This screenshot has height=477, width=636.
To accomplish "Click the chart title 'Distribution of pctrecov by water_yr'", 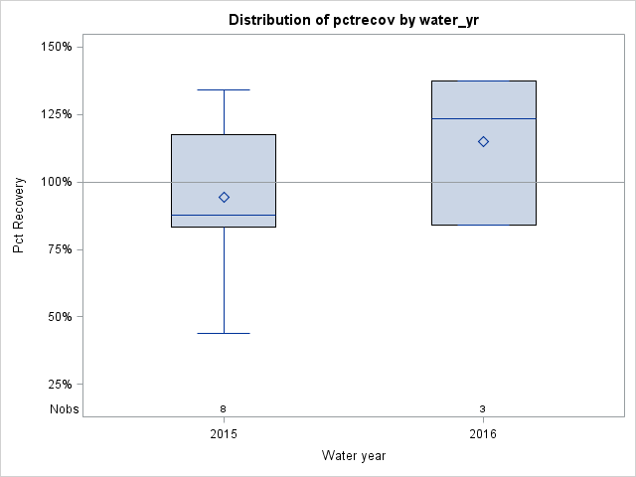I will pyautogui.click(x=353, y=20).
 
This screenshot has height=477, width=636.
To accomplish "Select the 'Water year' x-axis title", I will pyautogui.click(x=353, y=455).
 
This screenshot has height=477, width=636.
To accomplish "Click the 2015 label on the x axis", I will pyautogui.click(x=224, y=434).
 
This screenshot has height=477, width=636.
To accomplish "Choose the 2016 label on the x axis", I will pyautogui.click(x=483, y=434).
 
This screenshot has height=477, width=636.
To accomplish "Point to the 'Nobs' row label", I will pyautogui.click(x=65, y=409).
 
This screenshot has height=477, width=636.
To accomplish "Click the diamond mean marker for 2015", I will pyautogui.click(x=224, y=197).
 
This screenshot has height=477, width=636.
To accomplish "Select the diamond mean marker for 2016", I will pyautogui.click(x=483, y=141).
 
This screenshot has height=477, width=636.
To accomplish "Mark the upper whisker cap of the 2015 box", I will pyautogui.click(x=224, y=89).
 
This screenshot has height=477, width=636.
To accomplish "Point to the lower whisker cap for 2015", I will pyautogui.click(x=224, y=333).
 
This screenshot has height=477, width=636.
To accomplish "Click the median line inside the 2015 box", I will pyautogui.click(x=224, y=215).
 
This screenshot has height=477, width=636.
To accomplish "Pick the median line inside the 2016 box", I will pyautogui.click(x=483, y=118).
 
